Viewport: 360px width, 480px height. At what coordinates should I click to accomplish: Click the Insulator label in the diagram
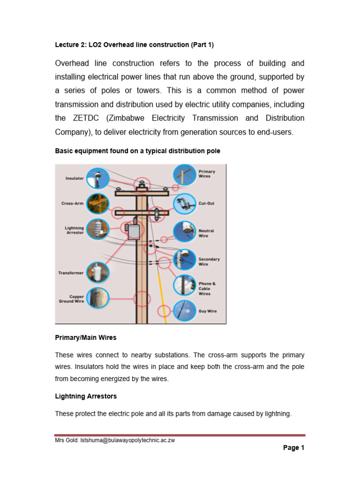coord(75,178)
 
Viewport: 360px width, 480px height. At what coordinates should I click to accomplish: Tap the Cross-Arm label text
coord(72,203)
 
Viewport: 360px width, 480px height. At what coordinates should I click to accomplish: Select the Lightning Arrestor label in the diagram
coord(74,230)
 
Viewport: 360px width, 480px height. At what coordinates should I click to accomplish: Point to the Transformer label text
coord(71,273)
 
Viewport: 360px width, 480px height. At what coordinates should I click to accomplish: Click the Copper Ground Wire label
coord(71,299)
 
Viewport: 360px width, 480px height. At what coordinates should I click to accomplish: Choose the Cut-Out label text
coord(206,203)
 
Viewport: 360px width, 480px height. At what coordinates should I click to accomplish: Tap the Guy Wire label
coord(208,311)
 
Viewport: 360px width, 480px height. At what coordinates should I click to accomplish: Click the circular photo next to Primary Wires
coord(185,175)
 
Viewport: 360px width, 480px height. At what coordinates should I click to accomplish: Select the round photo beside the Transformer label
coord(97,272)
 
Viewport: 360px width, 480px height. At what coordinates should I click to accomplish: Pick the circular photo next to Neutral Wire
coord(185,232)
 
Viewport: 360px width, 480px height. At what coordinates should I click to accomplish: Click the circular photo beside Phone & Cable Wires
coord(185,285)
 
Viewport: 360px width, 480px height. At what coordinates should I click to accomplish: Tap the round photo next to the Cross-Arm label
coord(97,204)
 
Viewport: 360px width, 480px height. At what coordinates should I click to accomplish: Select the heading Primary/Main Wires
coord(86,337)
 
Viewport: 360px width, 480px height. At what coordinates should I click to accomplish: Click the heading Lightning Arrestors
coord(86,396)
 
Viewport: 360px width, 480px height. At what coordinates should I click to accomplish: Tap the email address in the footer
coord(127,440)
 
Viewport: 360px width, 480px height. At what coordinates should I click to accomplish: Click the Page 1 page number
coord(293,448)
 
